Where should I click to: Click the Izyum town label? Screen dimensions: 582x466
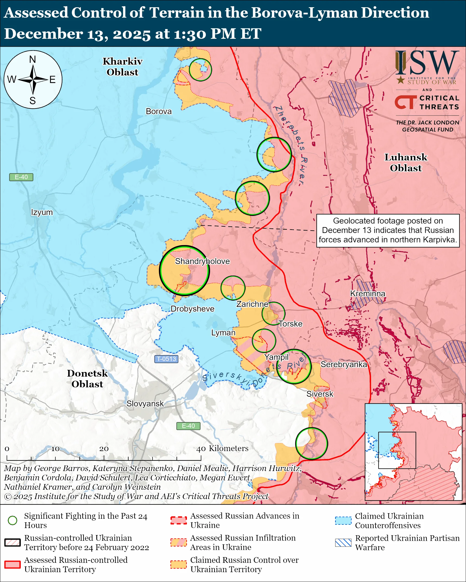pyautogui.click(x=42, y=212)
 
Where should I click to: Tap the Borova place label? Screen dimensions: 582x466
pyautogui.click(x=159, y=111)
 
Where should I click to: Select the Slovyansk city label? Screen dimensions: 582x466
pyautogui.click(x=145, y=404)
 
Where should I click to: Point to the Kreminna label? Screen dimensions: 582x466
pyautogui.click(x=367, y=293)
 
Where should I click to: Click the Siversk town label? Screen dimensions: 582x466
pyautogui.click(x=320, y=394)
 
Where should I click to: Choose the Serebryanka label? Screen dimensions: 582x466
pyautogui.click(x=344, y=364)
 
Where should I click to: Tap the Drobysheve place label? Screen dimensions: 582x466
pyautogui.click(x=192, y=309)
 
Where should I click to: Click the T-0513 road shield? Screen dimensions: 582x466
pyautogui.click(x=166, y=359)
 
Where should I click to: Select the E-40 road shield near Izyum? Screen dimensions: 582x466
pyautogui.click(x=21, y=177)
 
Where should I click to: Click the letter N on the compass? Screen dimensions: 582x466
pyautogui.click(x=33, y=59)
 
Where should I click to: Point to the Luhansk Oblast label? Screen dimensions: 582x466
pyautogui.click(x=406, y=163)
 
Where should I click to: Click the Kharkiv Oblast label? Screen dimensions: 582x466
pyautogui.click(x=122, y=67)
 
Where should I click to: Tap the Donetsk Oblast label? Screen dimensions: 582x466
pyautogui.click(x=87, y=378)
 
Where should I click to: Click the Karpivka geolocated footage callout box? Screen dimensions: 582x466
pyautogui.click(x=388, y=230)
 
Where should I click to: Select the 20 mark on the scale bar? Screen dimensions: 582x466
pyautogui.click(x=104, y=449)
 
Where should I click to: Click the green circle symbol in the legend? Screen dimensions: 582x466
pyautogui.click(x=12, y=521)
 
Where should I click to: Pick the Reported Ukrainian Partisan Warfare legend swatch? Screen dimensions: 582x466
pyautogui.click(x=343, y=543)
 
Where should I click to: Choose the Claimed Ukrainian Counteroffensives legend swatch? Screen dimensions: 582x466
pyautogui.click(x=343, y=521)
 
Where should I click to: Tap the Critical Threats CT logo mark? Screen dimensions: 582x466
pyautogui.click(x=406, y=102)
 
